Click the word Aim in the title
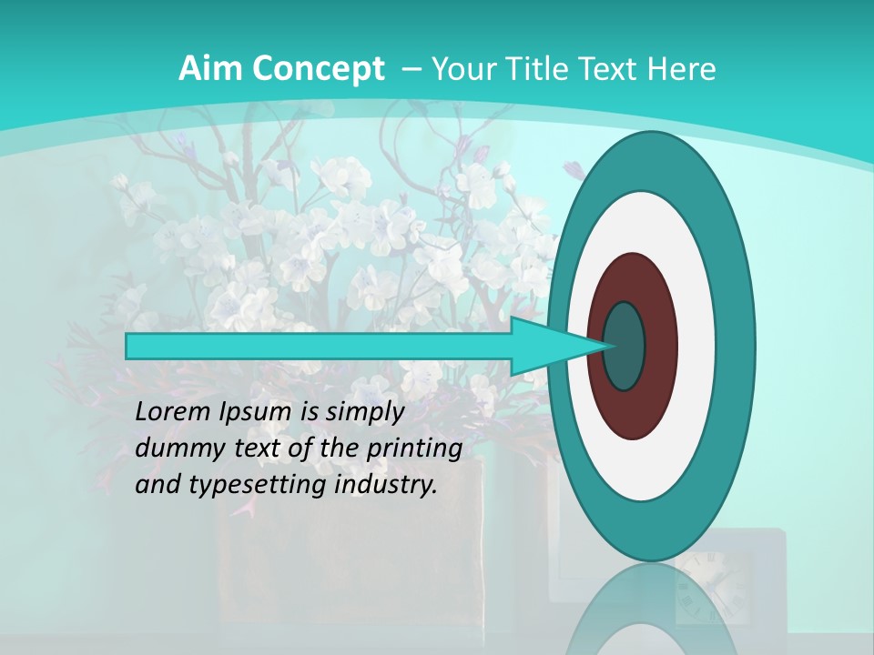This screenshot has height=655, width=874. pos(212,68)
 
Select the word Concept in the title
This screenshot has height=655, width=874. pos(319,70)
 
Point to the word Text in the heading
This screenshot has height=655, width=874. pos(611,68)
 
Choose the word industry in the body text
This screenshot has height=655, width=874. pos(386,485)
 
